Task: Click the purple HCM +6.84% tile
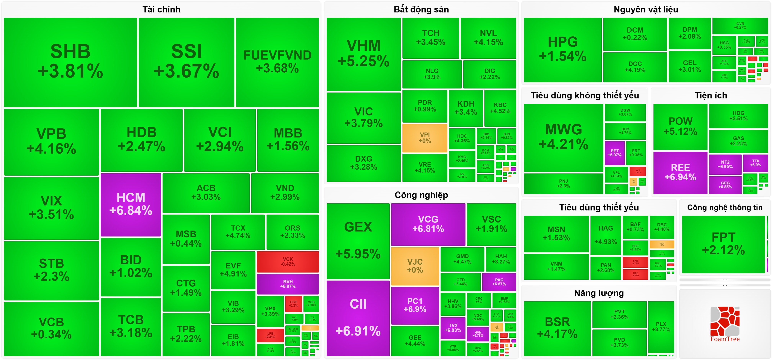point(131,205)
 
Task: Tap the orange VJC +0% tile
point(415,266)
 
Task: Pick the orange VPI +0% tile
point(425,138)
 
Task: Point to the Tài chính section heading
point(161,10)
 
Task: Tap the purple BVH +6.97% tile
point(288,284)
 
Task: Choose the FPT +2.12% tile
point(723,244)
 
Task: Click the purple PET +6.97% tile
point(615,153)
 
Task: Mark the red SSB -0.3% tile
point(294,304)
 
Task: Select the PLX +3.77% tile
point(661,327)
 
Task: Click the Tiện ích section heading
point(711,96)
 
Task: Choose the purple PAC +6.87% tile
point(499,282)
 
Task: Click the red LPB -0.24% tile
point(270,335)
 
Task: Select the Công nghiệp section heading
point(421,195)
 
